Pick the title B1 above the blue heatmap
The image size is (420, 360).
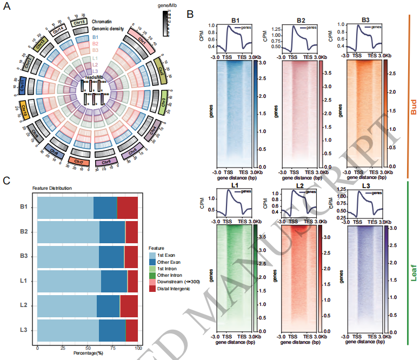[x=235, y=21]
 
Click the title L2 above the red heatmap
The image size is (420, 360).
[x=298, y=185]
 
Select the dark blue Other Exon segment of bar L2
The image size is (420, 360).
[x=108, y=305]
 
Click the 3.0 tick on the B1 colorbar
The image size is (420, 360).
[x=260, y=64]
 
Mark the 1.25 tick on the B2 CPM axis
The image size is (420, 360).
[x=276, y=28]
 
